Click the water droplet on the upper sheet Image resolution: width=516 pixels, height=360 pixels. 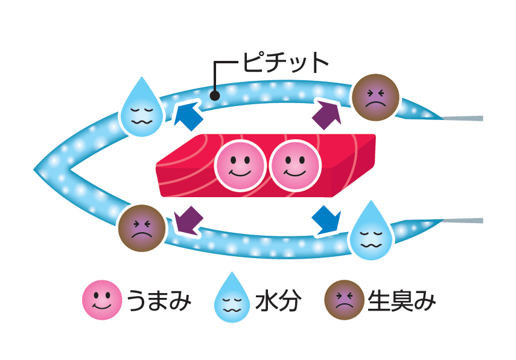pyautogui.click(x=142, y=109)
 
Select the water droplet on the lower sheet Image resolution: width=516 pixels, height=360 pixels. pyautogui.click(x=371, y=234)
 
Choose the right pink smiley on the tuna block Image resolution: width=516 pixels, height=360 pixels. pyautogui.click(x=295, y=165)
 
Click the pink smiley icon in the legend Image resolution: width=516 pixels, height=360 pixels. pyautogui.click(x=101, y=300)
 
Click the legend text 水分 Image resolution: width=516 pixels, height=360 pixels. pyautogui.click(x=278, y=300)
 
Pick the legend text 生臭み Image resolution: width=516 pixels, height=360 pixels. pyautogui.click(x=401, y=300)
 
